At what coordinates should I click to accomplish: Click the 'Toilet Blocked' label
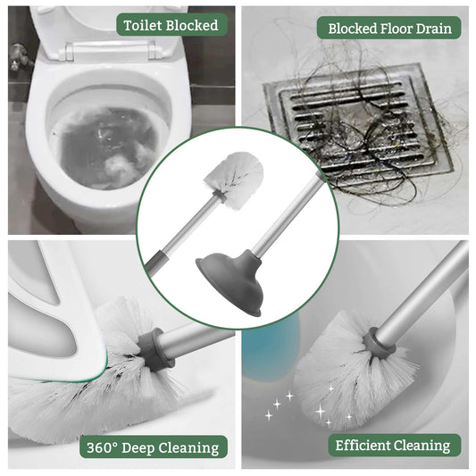click(171, 25)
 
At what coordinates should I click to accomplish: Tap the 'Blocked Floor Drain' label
click(388, 29)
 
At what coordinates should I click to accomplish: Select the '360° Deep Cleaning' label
click(154, 447)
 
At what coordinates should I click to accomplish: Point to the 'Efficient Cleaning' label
click(395, 446)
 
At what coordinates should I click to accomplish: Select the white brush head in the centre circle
click(234, 180)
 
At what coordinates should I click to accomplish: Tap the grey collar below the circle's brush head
click(220, 196)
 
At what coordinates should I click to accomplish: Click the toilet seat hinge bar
click(111, 50)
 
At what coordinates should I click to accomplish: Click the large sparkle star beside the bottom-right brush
click(321, 412)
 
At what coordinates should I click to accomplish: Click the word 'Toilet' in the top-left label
click(142, 25)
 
